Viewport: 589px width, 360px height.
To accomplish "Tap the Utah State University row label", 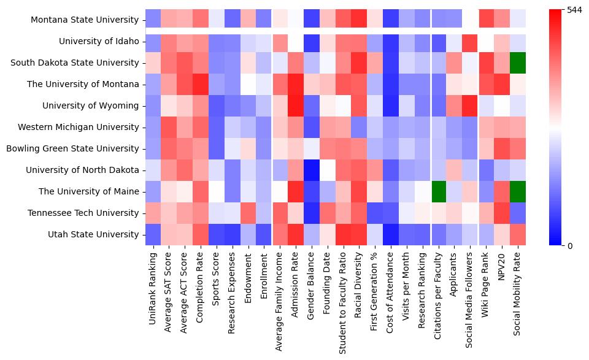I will (93, 234).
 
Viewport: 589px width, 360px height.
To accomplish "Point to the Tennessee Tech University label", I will (87, 213).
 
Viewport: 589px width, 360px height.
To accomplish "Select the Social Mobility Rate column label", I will (518, 295).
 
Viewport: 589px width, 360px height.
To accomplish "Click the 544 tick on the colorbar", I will (574, 10).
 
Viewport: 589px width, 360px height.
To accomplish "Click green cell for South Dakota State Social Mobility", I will (518, 63).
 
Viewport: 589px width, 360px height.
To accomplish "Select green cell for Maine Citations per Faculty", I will (439, 191).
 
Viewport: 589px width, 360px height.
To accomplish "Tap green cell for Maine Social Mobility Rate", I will (518, 191).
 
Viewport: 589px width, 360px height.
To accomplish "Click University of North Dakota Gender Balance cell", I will (312, 170).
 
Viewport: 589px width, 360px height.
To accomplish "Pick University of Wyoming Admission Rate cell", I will (296, 105).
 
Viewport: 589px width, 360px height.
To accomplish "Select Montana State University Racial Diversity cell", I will (360, 20).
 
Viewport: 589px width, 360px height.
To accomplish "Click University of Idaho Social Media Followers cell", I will (471, 42).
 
